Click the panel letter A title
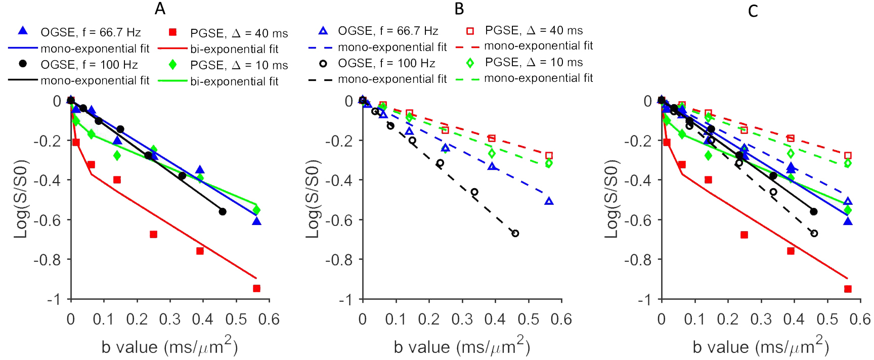[x=160, y=9]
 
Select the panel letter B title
[x=459, y=9]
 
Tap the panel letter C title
[x=753, y=11]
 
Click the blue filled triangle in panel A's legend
[x=23, y=31]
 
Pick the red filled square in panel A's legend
[x=172, y=32]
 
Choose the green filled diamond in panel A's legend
[x=172, y=65]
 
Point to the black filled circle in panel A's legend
[x=23, y=64]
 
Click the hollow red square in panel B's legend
[x=470, y=31]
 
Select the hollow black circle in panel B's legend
[x=323, y=63]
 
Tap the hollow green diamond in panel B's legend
[x=470, y=63]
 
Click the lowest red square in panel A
[x=256, y=288]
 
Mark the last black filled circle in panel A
[x=223, y=211]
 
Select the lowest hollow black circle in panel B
[x=515, y=233]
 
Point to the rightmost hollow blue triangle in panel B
[x=549, y=201]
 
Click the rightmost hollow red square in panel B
[x=549, y=156]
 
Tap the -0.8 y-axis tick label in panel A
[x=47, y=259]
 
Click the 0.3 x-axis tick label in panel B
[x=462, y=319]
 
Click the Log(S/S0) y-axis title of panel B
[x=313, y=199]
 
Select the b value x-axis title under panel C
[x=761, y=347]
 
